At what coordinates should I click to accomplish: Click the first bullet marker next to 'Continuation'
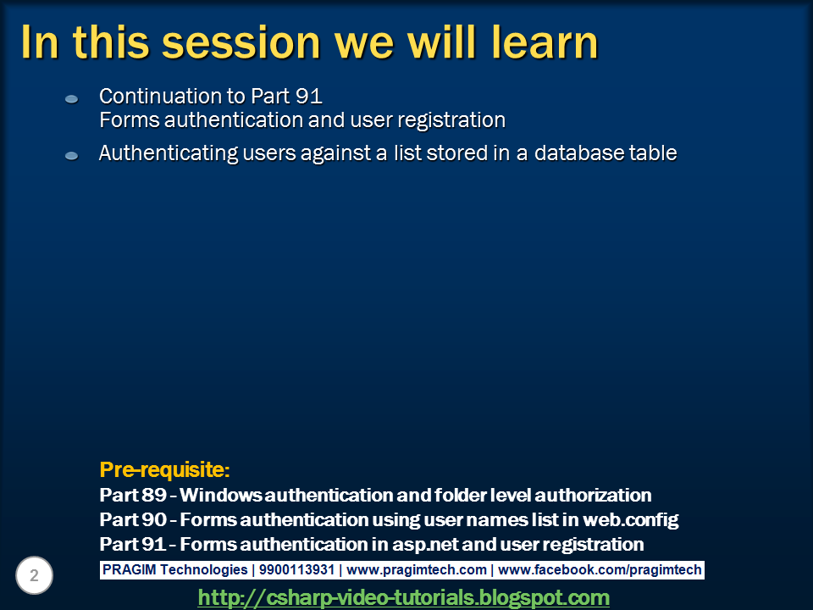[x=72, y=100]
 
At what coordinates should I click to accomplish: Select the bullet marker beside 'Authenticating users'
[x=72, y=156]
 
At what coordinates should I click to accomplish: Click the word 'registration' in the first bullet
[x=455, y=120]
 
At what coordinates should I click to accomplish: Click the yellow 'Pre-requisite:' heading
[x=165, y=469]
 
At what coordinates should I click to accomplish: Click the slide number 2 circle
[x=35, y=576]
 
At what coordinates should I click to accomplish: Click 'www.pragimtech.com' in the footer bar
[x=417, y=570]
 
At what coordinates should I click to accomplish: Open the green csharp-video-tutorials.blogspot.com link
[x=403, y=597]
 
